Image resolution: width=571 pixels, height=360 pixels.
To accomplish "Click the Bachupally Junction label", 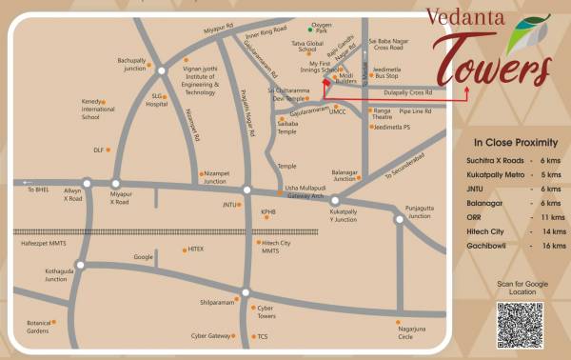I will click(131, 65).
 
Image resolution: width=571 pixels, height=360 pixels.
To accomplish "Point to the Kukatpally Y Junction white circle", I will click(335, 200).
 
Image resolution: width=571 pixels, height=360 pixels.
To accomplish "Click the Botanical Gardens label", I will click(37, 327).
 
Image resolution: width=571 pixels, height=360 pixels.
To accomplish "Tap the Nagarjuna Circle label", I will click(405, 333).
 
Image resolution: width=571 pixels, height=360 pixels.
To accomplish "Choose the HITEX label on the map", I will click(195, 249).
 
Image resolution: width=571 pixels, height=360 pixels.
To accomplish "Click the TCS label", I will click(262, 336).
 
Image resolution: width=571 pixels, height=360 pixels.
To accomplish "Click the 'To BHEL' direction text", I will click(37, 190).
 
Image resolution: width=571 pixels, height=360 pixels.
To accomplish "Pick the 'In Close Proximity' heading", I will click(515, 142).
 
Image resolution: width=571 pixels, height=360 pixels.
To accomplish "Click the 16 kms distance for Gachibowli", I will click(545, 245).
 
